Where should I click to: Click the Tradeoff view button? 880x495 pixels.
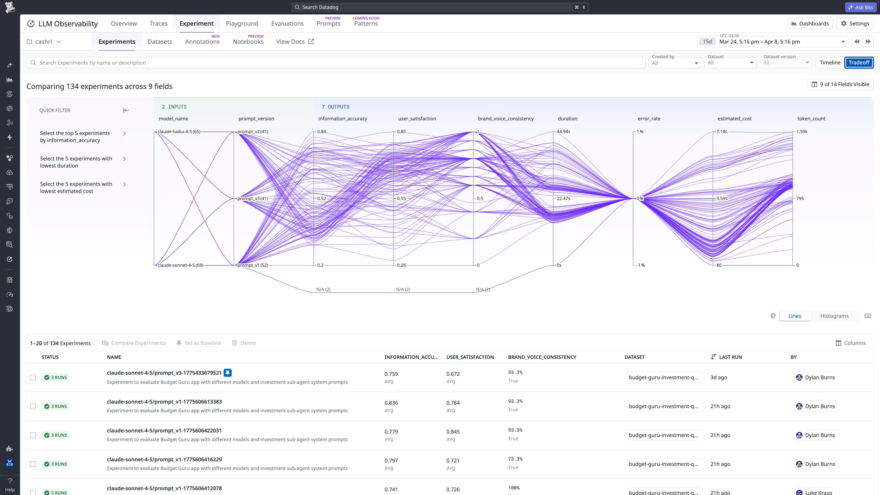858,63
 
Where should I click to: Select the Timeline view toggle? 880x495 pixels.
830,63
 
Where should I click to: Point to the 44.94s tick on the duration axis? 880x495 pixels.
563,132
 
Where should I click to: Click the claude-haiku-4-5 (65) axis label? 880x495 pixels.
179,132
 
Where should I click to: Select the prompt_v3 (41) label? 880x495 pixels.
253,198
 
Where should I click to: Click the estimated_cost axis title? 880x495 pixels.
734,118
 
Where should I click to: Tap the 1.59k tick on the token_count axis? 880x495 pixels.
801,132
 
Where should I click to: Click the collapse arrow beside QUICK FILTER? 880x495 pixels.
126,110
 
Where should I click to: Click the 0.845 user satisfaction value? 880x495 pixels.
453,432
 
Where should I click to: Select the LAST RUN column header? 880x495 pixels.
730,357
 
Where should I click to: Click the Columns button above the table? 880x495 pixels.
851,343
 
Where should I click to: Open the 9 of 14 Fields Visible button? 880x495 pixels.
840,84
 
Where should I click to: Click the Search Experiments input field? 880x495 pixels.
335,63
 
